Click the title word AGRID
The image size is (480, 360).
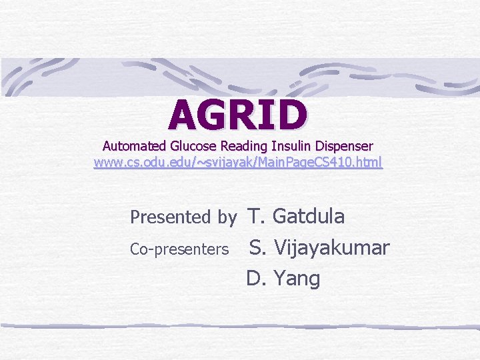point(238,115)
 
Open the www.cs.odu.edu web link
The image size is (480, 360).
point(238,162)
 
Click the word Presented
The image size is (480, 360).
point(170,217)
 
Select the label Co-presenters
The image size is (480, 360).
point(179,249)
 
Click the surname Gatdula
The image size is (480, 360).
point(309,216)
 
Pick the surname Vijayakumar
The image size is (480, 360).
point(331,248)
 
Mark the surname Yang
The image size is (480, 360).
point(297,279)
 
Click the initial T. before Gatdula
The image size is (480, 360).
point(257,216)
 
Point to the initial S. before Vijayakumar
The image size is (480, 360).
point(258,248)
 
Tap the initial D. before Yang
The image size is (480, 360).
point(256,279)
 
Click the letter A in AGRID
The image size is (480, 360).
point(184,115)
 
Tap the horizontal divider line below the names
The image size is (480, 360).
point(240,327)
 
